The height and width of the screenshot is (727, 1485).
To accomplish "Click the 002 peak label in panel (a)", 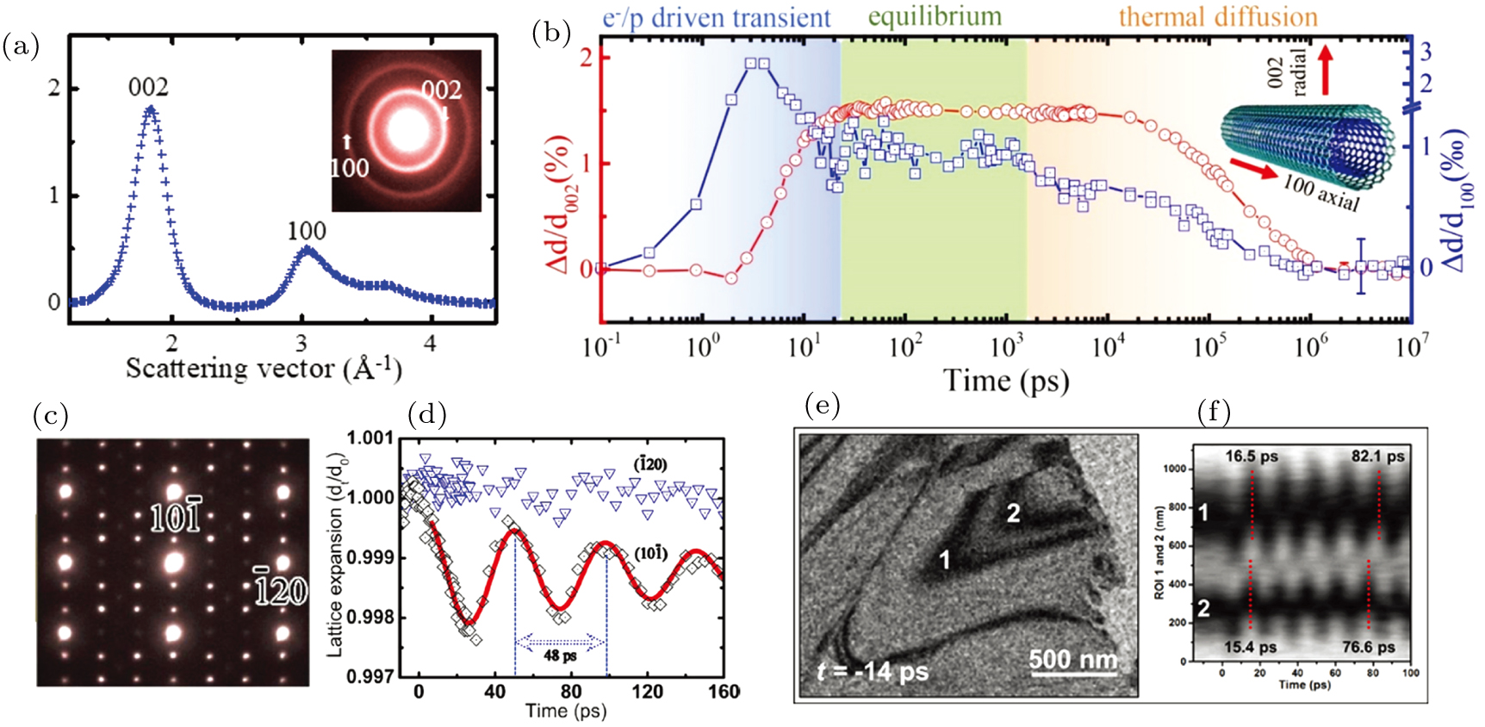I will [x=148, y=87].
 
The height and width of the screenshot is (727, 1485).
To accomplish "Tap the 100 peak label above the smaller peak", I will [x=307, y=231].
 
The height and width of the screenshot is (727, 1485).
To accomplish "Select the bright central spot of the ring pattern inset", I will [x=405, y=129].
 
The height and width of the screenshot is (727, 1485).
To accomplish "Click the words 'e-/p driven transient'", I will [x=716, y=18].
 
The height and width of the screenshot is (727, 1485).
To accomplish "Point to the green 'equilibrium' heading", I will [x=935, y=16].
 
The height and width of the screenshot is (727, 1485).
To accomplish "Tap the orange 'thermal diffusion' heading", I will [x=1217, y=16].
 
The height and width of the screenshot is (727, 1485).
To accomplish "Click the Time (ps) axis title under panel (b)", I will [x=1006, y=380].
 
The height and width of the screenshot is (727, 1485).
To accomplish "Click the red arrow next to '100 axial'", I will [x=1253, y=169].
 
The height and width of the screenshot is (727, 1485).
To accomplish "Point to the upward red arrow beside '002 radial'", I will [x=1325, y=69].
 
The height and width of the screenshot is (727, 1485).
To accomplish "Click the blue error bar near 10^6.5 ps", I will [x=1361, y=266].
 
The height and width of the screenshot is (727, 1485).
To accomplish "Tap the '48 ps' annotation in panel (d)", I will [x=560, y=656].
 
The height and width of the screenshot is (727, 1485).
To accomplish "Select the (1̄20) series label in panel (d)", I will [x=649, y=464].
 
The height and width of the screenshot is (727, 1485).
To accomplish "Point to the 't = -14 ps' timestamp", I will [x=872, y=670].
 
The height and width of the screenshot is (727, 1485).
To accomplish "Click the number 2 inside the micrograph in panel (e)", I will [x=1013, y=513].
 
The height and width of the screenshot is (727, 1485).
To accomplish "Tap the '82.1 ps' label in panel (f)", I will [x=1377, y=457].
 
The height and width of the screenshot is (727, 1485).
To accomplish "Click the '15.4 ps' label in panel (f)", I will [x=1251, y=647].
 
